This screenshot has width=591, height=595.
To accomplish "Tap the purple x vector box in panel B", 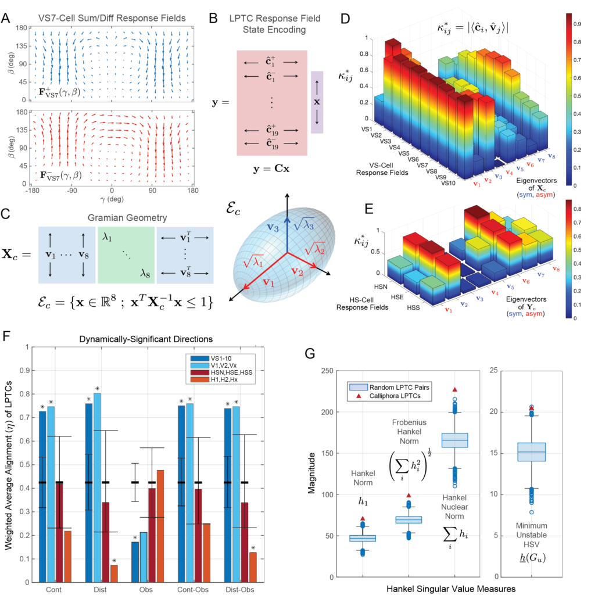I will click(x=317, y=103).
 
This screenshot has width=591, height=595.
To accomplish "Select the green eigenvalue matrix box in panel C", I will click(x=126, y=255).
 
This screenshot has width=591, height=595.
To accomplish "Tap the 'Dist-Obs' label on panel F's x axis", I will click(x=240, y=589).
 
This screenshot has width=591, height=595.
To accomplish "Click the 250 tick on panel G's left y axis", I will click(x=327, y=371).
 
